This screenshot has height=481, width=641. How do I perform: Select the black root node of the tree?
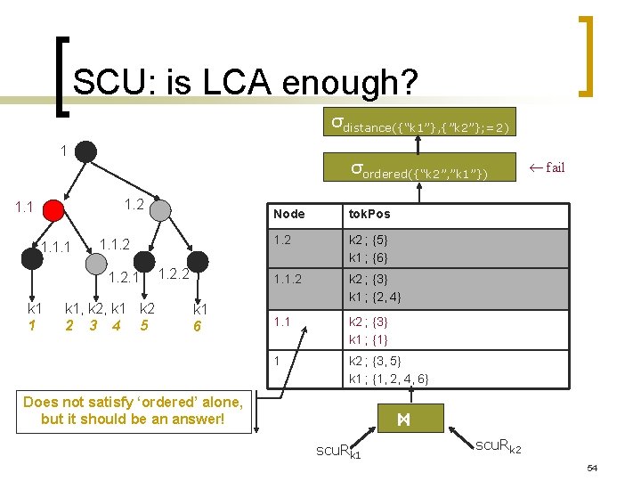pos(85,151)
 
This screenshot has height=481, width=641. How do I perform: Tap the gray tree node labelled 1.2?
pos(160,209)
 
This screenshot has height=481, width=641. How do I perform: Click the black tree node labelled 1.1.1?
pos(30,258)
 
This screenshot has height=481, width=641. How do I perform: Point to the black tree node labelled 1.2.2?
pos(197,261)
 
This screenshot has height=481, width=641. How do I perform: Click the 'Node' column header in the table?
pos(289,214)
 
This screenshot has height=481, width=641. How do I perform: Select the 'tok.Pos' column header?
pos(369,214)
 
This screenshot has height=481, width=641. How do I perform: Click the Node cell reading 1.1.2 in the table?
pos(291,279)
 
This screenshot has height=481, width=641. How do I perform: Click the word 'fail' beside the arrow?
pos(555,167)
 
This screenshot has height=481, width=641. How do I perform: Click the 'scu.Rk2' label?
pos(499,445)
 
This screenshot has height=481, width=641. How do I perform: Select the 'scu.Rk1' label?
pos(339,452)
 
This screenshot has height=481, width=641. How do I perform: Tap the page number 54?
pos(592,468)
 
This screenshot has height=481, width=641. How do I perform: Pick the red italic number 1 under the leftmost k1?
pos(32,325)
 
